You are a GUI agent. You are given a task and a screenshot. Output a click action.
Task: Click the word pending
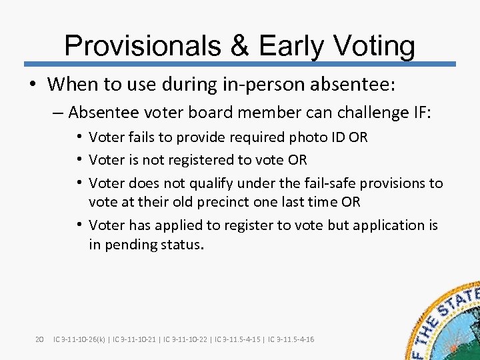coord(129,245)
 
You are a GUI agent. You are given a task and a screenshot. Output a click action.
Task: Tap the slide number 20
coord(39,339)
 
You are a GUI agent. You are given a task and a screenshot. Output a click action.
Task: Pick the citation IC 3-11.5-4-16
coord(291,339)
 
